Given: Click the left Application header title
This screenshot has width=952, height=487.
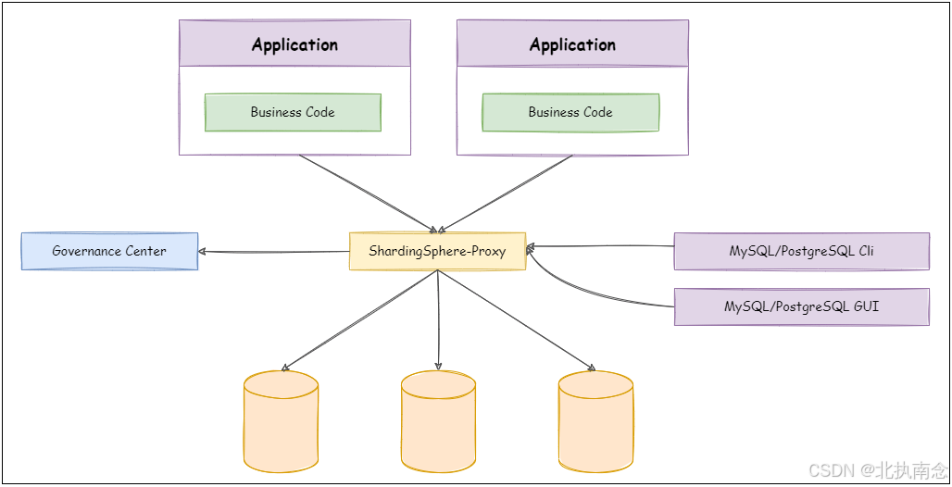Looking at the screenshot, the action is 294,44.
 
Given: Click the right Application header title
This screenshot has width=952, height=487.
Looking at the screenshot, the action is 572,44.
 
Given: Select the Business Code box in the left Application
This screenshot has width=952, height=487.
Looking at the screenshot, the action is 293,112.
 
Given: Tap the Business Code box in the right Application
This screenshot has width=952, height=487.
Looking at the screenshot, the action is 570,112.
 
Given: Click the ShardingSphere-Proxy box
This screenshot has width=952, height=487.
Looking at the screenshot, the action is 437,251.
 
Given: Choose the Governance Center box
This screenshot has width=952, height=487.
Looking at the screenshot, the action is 109,251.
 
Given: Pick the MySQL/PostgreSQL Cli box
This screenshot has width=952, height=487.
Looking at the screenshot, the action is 801,251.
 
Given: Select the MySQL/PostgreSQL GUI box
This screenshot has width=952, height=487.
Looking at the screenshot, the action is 801,306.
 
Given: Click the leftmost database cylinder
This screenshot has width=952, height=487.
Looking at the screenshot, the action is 282,421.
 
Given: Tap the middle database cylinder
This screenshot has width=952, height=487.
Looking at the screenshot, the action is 438,421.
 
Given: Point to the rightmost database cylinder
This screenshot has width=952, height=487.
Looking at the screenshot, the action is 595,421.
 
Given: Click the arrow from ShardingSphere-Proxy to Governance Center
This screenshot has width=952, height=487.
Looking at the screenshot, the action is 274,252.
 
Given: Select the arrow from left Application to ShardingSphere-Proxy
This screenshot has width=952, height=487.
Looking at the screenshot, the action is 368,194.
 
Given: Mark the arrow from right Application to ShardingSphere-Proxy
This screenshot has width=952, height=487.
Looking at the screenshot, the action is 505,194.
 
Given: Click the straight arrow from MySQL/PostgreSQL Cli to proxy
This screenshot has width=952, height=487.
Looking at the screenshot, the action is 600,246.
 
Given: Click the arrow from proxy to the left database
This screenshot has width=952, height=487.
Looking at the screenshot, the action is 359,320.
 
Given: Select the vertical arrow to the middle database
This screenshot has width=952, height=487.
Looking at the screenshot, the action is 438,320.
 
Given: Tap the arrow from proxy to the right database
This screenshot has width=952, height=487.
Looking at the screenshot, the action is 517,320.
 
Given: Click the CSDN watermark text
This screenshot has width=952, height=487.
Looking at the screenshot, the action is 878,470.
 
